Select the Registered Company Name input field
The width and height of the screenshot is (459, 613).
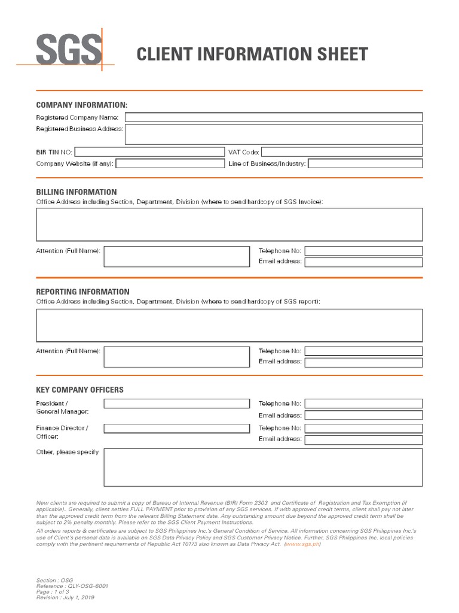(x=273, y=117)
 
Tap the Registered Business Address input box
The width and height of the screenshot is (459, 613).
(x=273, y=134)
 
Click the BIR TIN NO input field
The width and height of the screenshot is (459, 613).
(x=149, y=152)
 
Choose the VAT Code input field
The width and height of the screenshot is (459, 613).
(x=342, y=152)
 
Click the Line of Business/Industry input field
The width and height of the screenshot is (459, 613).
(x=365, y=163)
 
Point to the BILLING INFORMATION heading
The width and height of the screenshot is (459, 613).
(x=76, y=192)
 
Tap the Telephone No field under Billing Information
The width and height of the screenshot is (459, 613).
(x=363, y=251)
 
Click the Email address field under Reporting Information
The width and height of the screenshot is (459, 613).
(x=363, y=362)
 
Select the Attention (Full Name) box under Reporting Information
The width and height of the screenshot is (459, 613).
(x=176, y=357)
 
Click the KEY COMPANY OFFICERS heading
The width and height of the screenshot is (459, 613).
(x=79, y=390)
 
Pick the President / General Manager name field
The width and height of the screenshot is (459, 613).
(x=176, y=403)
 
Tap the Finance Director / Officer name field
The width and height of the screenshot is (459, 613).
(x=176, y=428)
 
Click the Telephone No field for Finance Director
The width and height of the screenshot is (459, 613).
(x=363, y=428)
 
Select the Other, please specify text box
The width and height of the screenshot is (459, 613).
(x=263, y=468)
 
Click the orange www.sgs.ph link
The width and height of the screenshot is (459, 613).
(x=303, y=544)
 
